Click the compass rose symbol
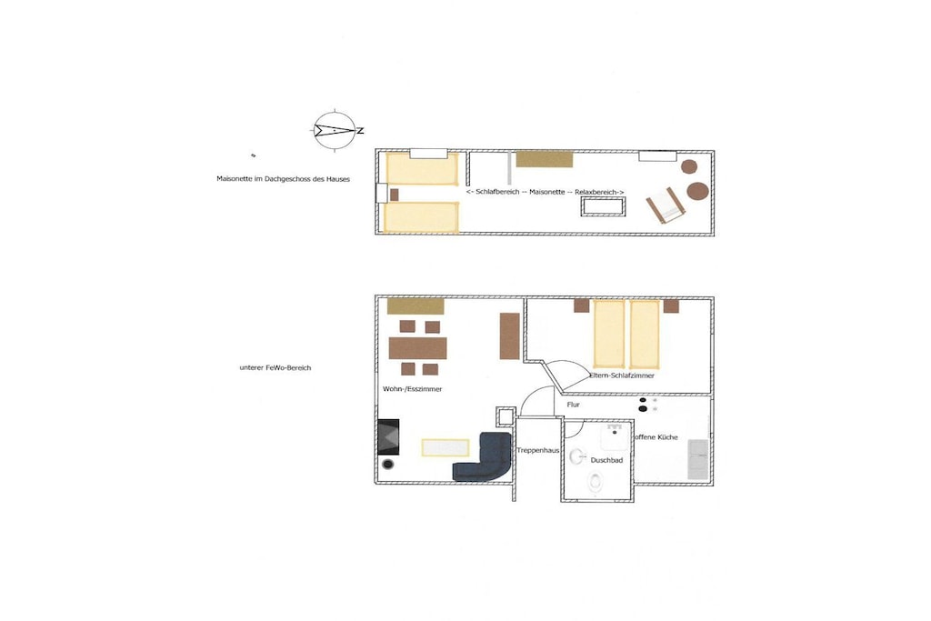(x=335, y=130)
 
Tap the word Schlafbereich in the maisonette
(x=497, y=192)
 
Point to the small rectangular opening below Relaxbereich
(x=603, y=207)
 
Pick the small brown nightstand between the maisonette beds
(x=395, y=195)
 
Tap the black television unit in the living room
(x=388, y=437)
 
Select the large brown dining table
(x=417, y=348)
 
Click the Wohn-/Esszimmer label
(x=412, y=389)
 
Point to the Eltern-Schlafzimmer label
(x=622, y=376)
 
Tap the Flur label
(x=573, y=405)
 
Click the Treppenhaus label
(x=538, y=451)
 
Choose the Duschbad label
(x=606, y=460)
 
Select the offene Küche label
(x=656, y=437)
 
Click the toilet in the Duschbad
(x=595, y=481)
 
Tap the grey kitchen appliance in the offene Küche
(x=697, y=459)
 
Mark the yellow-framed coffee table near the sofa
(x=445, y=447)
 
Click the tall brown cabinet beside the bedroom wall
(x=509, y=336)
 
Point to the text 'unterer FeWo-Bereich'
(x=275, y=368)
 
